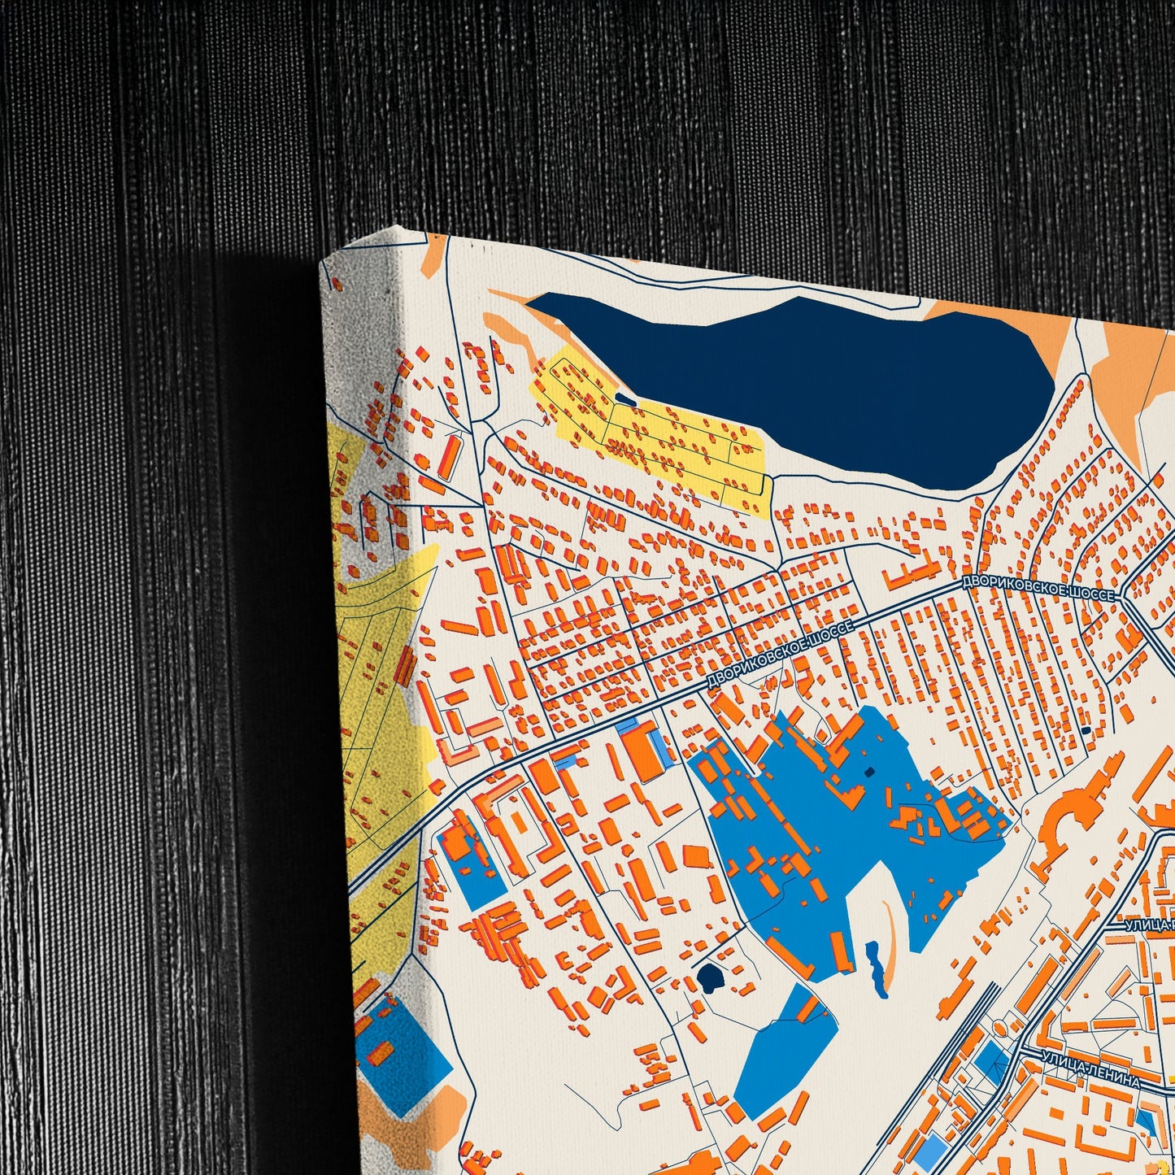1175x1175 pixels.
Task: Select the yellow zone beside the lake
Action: [659, 439]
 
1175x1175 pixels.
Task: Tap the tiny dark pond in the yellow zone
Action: [624, 398]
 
